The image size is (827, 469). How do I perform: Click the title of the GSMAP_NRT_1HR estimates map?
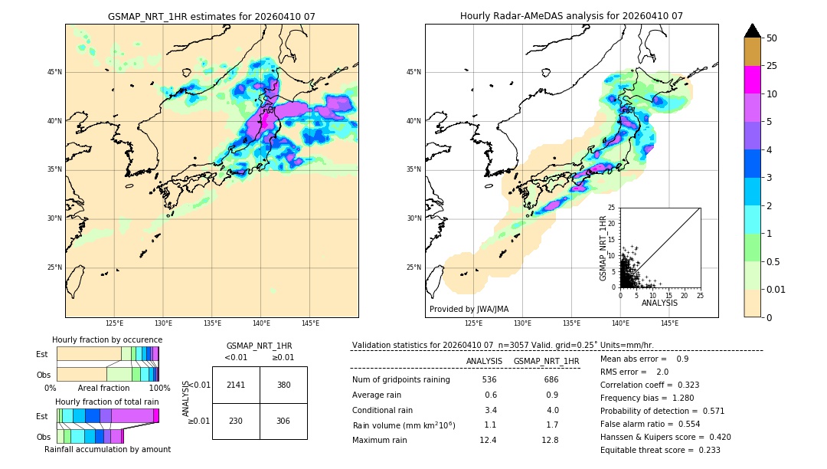coord(211,16)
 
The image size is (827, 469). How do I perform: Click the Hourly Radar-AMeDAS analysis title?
coord(571,16)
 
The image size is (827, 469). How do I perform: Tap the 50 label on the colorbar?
coord(772,38)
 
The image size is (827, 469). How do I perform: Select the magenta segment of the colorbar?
coord(753,80)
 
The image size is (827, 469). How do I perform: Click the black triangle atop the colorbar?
coord(753,31)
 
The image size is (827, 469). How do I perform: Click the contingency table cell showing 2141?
coord(236,385)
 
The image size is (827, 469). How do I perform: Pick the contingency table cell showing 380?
coord(283,385)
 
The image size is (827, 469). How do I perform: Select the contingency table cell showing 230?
coord(236,421)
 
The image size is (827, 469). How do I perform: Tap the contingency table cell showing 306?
coord(283,421)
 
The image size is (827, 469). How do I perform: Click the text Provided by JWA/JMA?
coord(469,310)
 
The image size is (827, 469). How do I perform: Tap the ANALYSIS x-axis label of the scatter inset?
coord(659,303)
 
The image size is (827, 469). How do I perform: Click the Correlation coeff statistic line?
coord(649,385)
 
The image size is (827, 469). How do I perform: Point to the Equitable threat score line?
coord(660,450)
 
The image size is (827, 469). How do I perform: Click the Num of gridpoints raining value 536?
coord(489,379)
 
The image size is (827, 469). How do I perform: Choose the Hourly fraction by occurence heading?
coord(107,339)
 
